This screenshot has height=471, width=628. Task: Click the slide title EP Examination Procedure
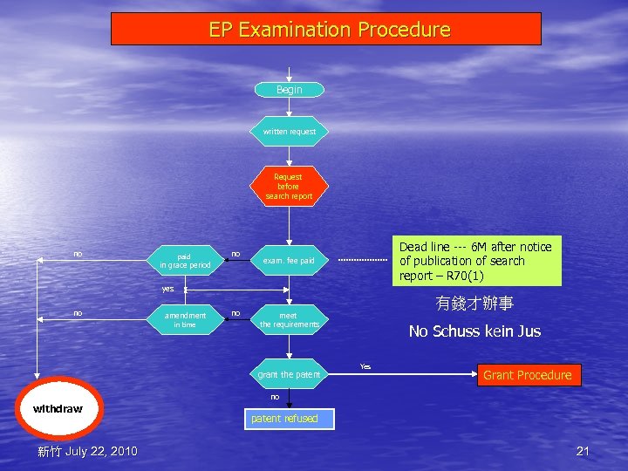click(328, 30)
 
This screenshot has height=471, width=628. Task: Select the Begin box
click(289, 90)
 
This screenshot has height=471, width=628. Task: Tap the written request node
click(290, 132)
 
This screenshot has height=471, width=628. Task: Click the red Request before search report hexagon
click(289, 186)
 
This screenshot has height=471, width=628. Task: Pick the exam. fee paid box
click(290, 261)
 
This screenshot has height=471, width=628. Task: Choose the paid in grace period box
click(184, 261)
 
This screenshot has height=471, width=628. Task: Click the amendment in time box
click(185, 320)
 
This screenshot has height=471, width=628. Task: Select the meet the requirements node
click(289, 320)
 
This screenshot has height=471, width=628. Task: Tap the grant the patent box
click(290, 374)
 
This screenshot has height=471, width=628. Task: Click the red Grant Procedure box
click(527, 375)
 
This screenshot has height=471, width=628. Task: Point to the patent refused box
click(284, 419)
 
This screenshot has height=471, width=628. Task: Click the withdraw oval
click(58, 408)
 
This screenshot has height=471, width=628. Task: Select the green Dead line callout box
click(475, 261)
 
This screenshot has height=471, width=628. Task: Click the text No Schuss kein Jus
click(474, 331)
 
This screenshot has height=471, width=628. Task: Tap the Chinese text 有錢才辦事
click(474, 304)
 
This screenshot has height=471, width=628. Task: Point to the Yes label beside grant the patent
click(365, 366)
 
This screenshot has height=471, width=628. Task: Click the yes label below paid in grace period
click(167, 288)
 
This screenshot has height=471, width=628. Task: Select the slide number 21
click(584, 451)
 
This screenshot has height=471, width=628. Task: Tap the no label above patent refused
click(275, 397)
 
